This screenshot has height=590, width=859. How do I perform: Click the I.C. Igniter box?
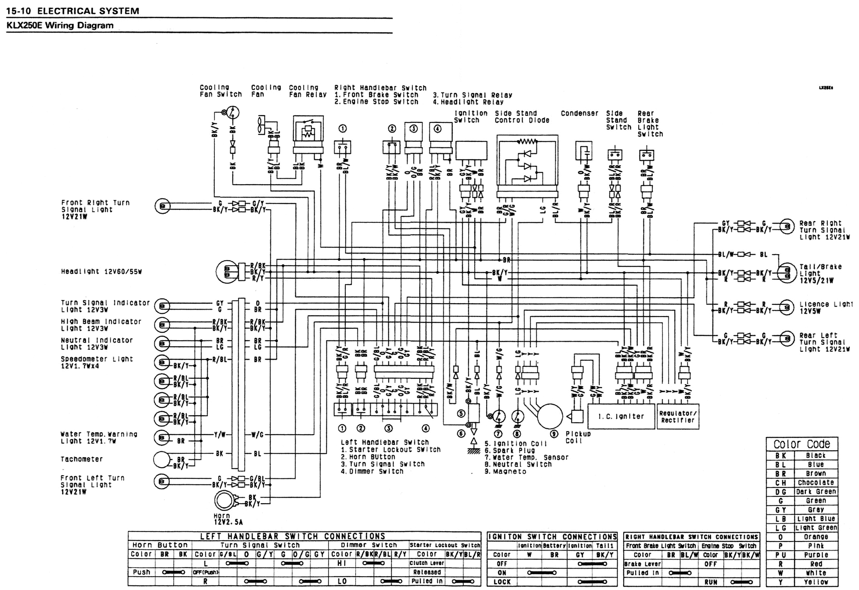click(621, 416)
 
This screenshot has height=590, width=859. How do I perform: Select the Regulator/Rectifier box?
click(678, 417)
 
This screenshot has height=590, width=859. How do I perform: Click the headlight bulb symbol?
click(228, 272)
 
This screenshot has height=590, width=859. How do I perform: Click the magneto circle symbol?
click(549, 416)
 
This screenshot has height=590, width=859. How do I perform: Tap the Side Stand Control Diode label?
click(521, 117)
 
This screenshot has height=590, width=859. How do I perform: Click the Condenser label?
click(579, 113)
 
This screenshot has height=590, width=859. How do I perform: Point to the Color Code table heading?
click(801, 444)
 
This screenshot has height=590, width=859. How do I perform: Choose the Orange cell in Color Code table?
click(816, 537)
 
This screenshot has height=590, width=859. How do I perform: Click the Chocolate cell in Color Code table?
click(816, 483)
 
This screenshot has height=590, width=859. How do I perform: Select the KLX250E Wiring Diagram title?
click(60, 25)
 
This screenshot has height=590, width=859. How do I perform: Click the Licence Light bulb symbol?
click(786, 307)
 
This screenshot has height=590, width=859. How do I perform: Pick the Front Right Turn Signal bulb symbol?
click(162, 206)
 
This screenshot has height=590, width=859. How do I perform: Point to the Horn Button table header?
click(160, 545)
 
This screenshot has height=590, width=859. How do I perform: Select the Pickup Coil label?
click(578, 437)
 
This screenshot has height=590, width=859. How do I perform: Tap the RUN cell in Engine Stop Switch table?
click(710, 582)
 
